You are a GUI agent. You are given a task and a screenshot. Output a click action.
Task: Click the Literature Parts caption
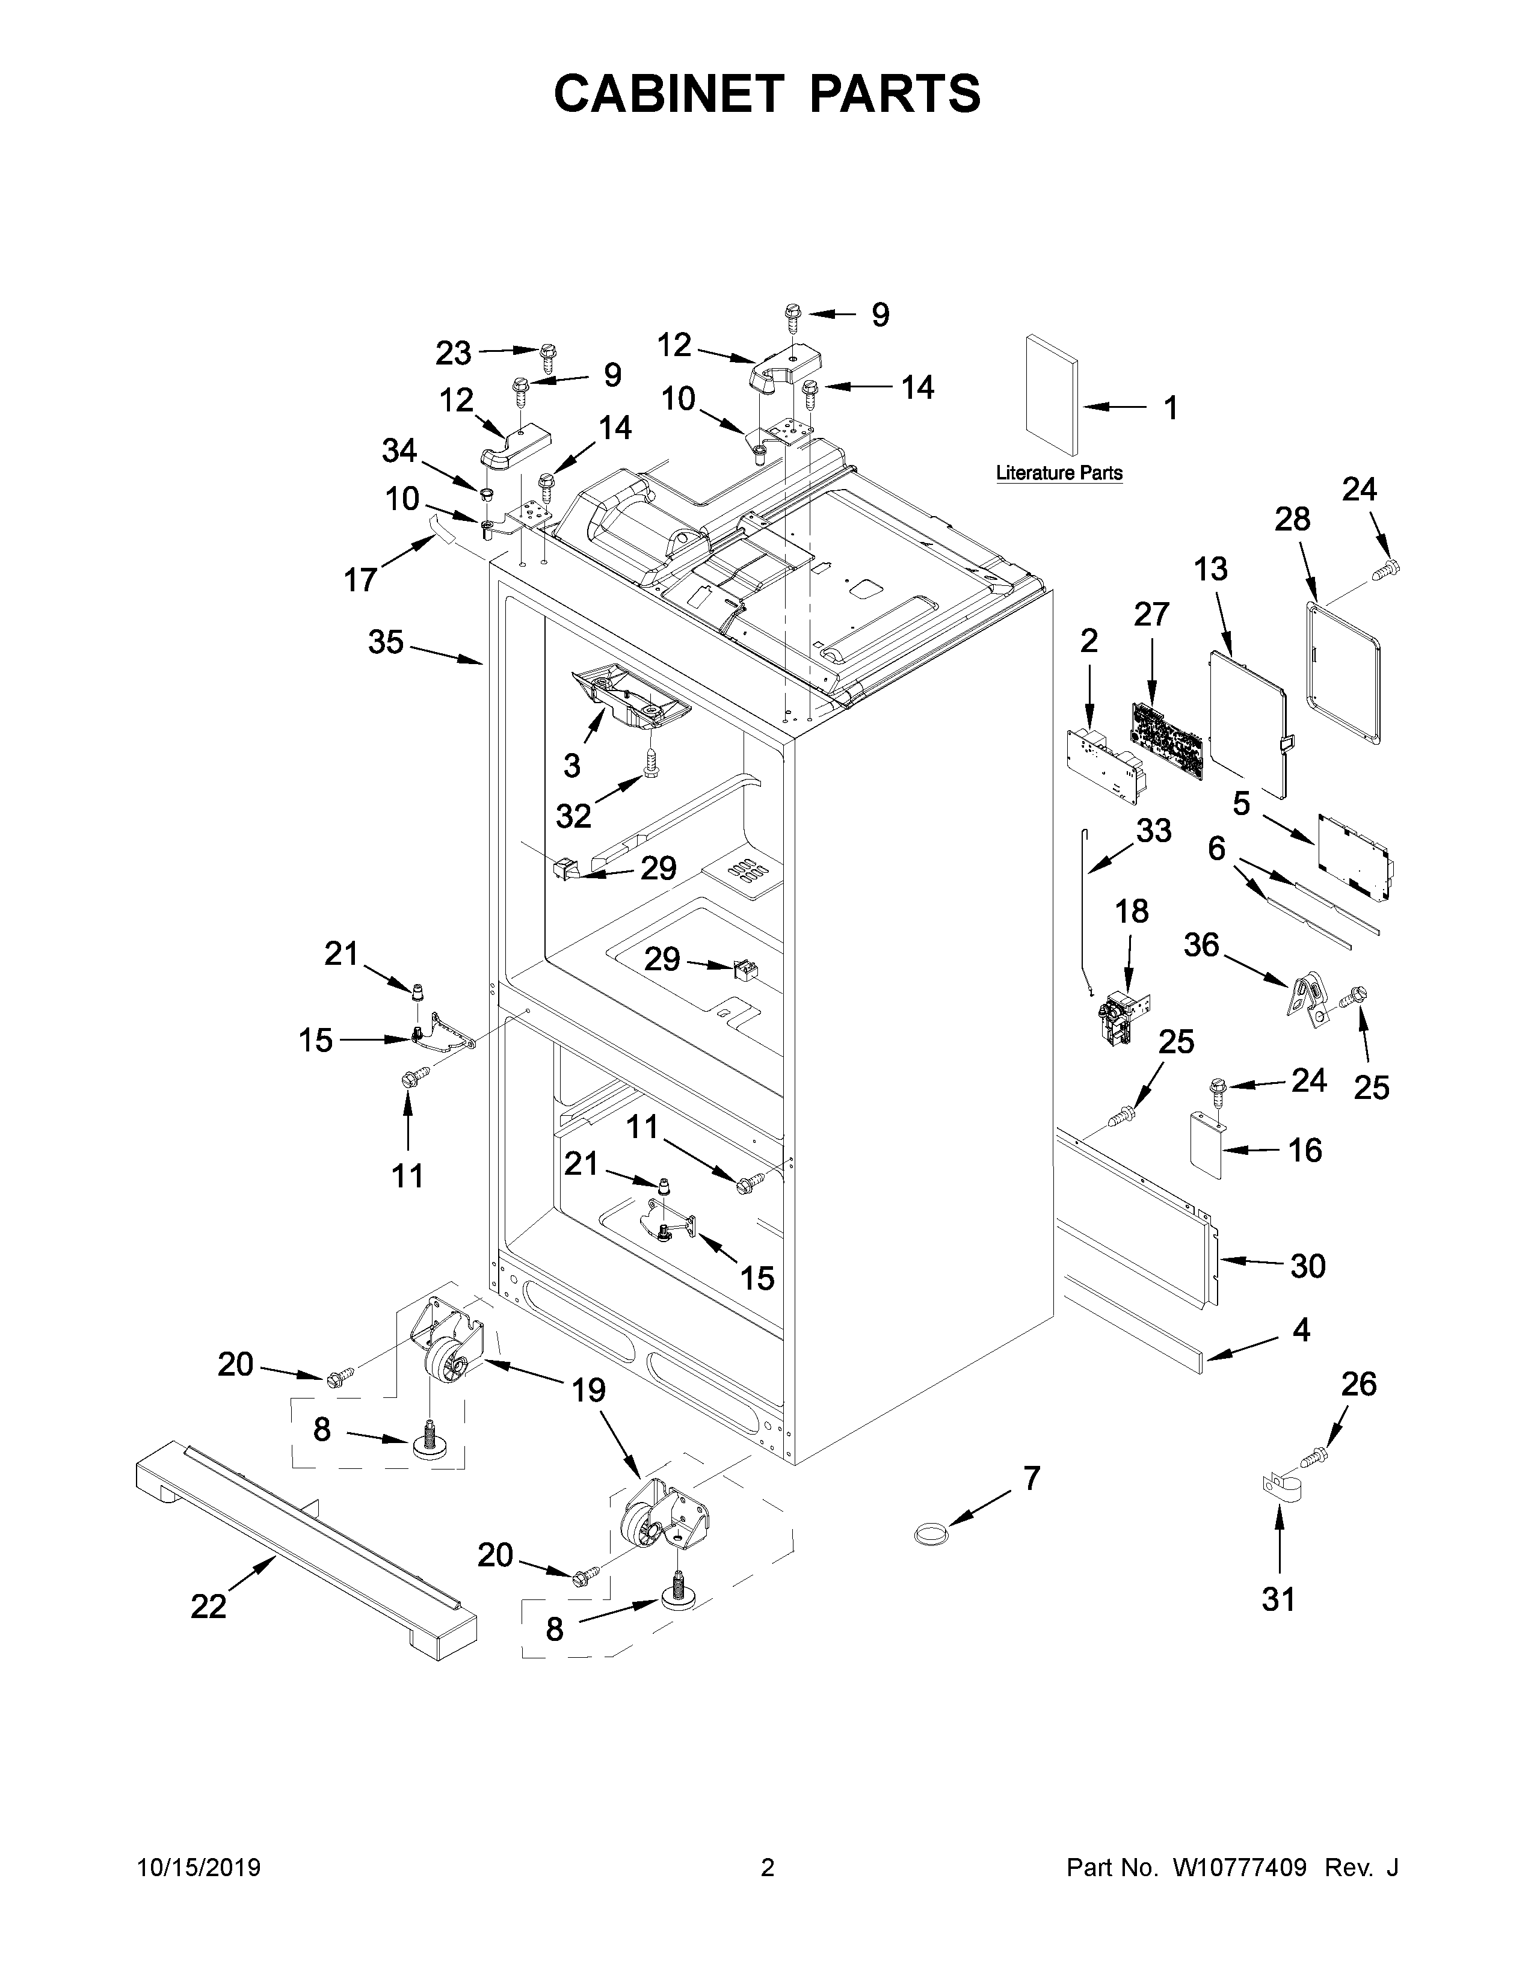tap(1059, 473)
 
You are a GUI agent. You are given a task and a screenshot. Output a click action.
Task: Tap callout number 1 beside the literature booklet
tap(1171, 408)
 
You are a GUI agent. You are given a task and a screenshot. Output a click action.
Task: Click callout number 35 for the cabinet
tap(386, 642)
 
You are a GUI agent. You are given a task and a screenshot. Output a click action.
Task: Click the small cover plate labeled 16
tap(1207, 1146)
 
